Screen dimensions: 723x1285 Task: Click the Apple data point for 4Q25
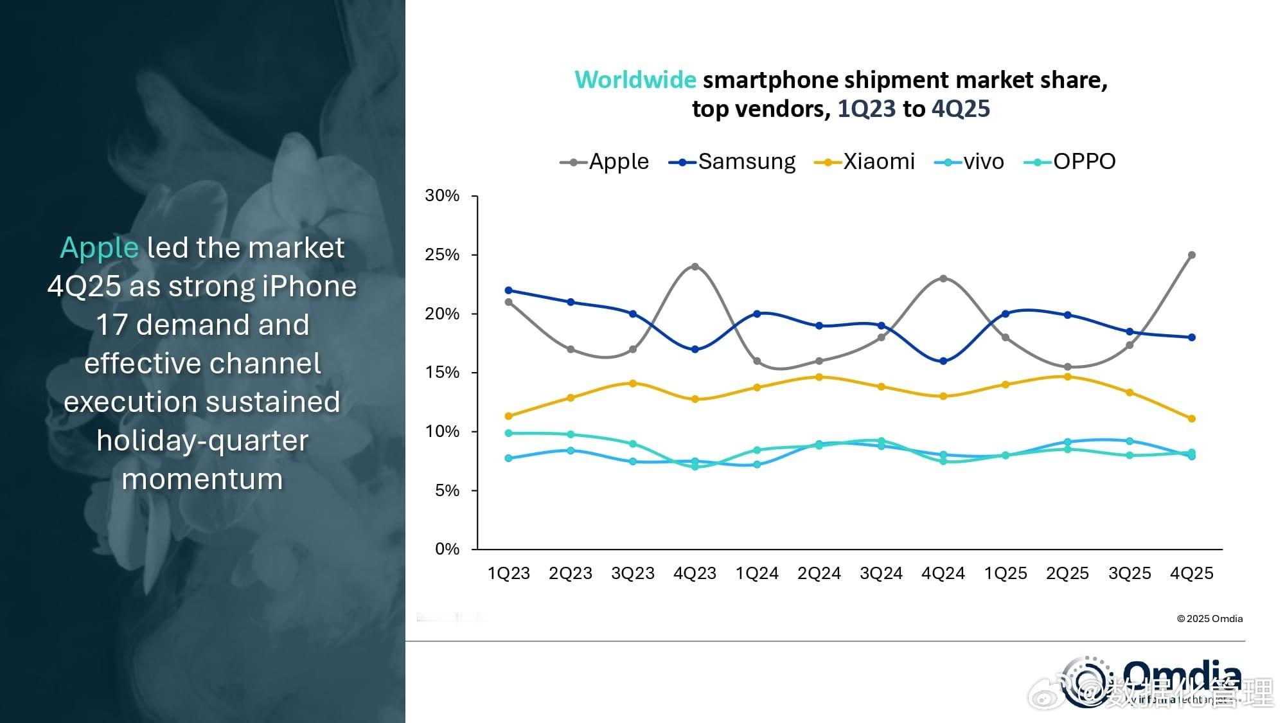1192,255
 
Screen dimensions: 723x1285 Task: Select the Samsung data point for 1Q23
509,290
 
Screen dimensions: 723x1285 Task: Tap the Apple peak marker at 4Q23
695,267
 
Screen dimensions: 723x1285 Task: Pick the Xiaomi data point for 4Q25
1192,419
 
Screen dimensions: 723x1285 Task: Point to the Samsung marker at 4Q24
943,361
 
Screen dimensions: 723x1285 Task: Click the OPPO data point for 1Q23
509,433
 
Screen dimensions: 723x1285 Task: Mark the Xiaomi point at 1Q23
509,416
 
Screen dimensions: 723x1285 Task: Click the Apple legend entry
605,161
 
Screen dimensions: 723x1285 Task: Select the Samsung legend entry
732,161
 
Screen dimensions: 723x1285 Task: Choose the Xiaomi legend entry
865,161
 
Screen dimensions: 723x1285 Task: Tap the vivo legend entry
970,161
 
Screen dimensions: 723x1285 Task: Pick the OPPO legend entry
1070,161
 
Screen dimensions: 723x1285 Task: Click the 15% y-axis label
442,373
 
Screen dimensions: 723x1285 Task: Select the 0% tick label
447,549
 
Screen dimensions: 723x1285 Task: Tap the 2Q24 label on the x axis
819,573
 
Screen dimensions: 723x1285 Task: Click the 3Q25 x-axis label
1130,573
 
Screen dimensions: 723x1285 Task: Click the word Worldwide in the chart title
635,80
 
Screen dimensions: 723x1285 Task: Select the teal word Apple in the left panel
99,248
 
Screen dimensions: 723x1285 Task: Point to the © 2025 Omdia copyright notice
1210,619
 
